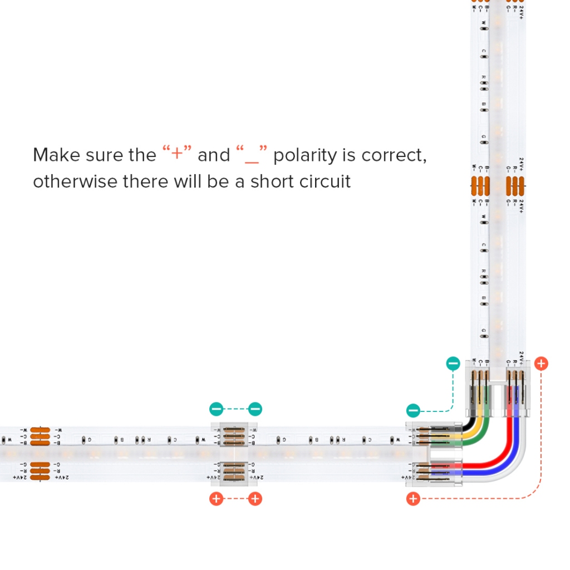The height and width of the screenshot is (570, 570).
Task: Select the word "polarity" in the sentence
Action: [304, 155]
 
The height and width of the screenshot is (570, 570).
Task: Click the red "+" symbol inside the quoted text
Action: [177, 154]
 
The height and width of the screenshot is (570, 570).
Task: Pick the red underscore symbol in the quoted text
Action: [252, 158]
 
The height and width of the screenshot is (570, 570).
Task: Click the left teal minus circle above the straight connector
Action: [216, 409]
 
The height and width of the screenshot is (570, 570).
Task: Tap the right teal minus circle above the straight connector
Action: [255, 409]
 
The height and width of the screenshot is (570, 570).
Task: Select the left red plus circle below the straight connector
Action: [216, 499]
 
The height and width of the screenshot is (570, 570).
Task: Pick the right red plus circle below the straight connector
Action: [255, 499]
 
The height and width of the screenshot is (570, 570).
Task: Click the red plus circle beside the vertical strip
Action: [540, 363]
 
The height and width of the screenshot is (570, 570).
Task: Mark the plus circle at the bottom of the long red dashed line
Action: [412, 499]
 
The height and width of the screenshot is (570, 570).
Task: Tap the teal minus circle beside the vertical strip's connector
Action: [453, 364]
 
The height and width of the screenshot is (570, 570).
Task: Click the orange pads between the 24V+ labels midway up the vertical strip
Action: [515, 184]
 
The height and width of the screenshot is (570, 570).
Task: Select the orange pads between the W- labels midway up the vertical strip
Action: [479, 184]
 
